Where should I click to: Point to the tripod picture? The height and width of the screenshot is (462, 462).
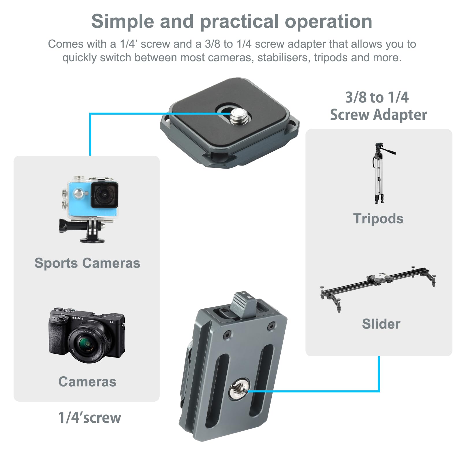[x=380, y=173]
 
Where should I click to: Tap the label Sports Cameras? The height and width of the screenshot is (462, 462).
[x=87, y=263]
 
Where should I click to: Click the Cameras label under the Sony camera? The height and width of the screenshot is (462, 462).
[x=87, y=382]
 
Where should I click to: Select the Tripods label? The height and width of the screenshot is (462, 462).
[x=378, y=219]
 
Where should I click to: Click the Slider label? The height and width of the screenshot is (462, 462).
[x=381, y=324]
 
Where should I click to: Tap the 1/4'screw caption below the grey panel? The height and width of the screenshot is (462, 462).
[x=90, y=418]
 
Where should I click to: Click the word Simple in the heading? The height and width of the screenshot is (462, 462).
[x=122, y=21]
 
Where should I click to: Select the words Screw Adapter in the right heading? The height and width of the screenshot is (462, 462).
[x=378, y=115]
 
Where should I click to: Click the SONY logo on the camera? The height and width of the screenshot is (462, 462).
[x=78, y=318]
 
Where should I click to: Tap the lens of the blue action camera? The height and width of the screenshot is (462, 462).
[x=104, y=194]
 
